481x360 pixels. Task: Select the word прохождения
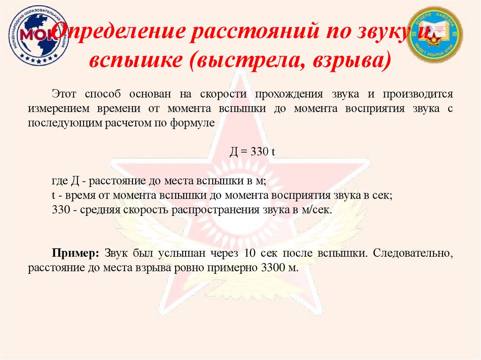click(x=289, y=93)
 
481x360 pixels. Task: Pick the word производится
click(x=418, y=93)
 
